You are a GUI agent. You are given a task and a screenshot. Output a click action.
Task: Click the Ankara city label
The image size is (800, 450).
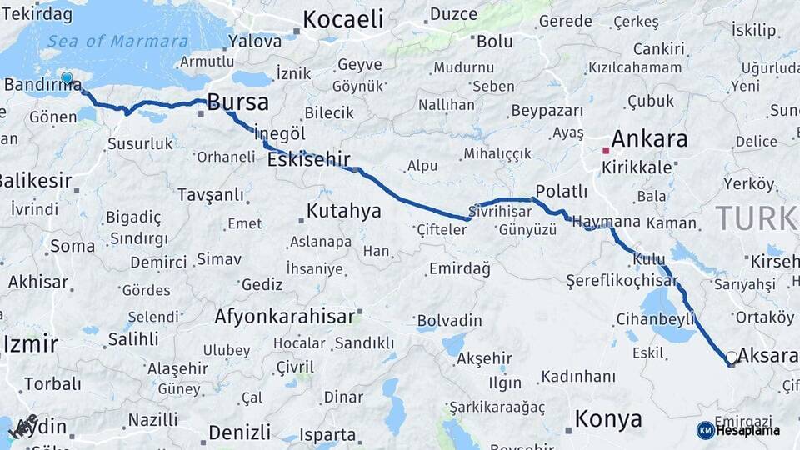click(x=650, y=138)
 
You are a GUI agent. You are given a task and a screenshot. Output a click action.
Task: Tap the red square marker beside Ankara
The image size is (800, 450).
click(x=606, y=151)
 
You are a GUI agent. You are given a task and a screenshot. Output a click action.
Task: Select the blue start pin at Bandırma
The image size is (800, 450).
click(x=67, y=79)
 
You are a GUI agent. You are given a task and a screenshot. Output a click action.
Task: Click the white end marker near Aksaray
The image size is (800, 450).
click(x=732, y=357)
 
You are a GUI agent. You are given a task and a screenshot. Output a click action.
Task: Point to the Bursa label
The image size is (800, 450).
click(x=238, y=102)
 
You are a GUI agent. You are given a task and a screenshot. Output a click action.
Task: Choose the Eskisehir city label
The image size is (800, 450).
click(x=308, y=159)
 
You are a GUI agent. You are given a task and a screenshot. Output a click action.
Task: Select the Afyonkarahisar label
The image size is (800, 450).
click(x=284, y=317)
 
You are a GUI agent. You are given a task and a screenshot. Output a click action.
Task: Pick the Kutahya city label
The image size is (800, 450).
click(x=343, y=211)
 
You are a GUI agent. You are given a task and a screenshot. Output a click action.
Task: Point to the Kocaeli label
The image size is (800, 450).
click(x=342, y=19)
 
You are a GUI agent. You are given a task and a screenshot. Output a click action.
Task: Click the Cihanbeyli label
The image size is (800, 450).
click(x=655, y=318)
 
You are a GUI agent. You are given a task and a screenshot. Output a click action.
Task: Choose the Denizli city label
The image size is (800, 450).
click(x=240, y=432)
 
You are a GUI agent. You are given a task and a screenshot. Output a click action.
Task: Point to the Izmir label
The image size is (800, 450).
click(x=30, y=343)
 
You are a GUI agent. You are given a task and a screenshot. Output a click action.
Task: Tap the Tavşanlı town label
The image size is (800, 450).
click(x=211, y=195)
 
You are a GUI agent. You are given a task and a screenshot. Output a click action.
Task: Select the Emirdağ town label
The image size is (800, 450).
click(x=459, y=268)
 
